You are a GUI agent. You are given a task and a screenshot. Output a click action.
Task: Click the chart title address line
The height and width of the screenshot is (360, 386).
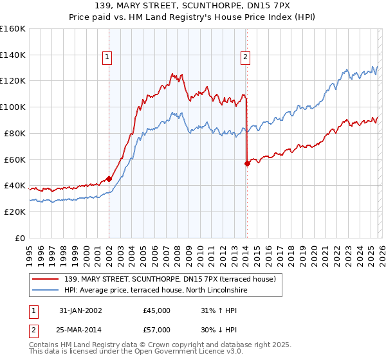coord(193,6)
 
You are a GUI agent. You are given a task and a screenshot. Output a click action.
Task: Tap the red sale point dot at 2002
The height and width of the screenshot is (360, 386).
coord(109,179)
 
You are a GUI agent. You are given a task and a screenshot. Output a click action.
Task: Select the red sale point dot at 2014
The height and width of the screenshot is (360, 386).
coord(247,163)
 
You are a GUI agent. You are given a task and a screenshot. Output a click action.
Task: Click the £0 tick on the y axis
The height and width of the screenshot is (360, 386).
coord(21,238)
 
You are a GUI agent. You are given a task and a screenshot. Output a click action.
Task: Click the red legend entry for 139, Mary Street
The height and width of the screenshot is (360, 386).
coord(170,279)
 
